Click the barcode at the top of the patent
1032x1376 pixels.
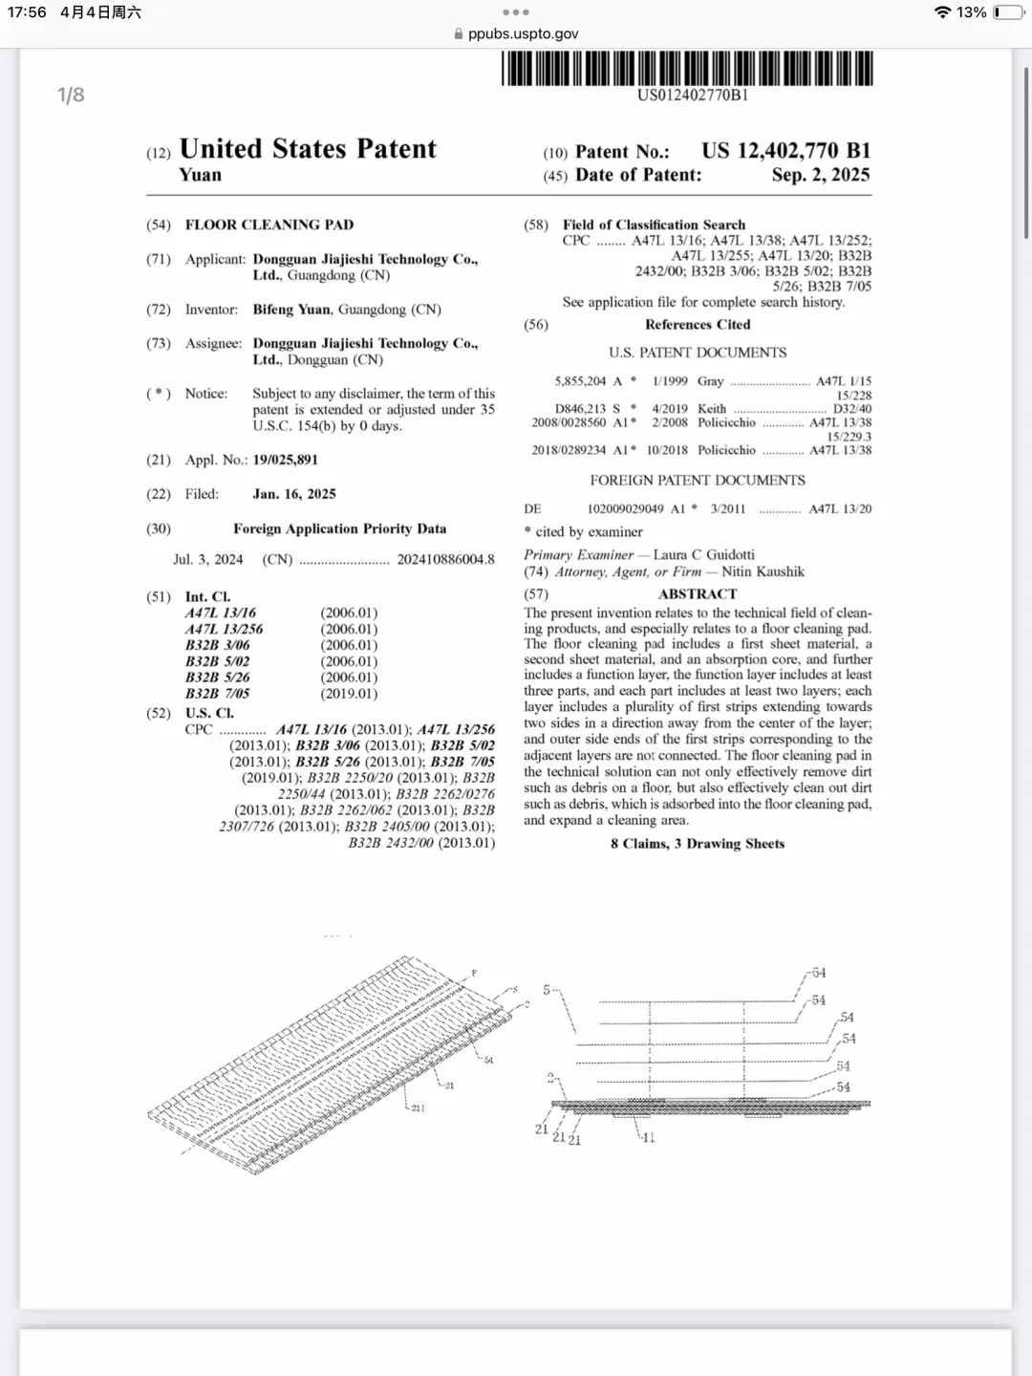[x=687, y=68]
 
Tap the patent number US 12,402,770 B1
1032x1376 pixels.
[x=785, y=151]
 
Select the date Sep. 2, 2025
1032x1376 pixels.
[x=821, y=175]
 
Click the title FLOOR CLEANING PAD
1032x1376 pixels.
[x=269, y=225]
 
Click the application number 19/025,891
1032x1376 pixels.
[x=285, y=460]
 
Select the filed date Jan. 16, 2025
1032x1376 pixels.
[x=294, y=494]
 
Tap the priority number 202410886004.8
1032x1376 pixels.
[x=445, y=559]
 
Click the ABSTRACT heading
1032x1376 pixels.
[x=698, y=594]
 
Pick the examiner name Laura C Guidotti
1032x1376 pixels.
[x=703, y=554]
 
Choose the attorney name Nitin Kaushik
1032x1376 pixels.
[x=763, y=571]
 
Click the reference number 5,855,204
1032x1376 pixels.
[x=580, y=381]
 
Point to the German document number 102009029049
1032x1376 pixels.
[x=625, y=509]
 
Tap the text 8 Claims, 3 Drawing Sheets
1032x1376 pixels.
[x=698, y=844]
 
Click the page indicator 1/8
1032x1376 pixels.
[x=71, y=95]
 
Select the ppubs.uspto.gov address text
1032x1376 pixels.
[x=523, y=33]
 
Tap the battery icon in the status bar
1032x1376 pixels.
[x=1007, y=12]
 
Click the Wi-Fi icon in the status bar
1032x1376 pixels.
[x=942, y=12]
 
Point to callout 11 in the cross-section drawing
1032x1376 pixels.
[x=649, y=1138]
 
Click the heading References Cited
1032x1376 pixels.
[x=698, y=325]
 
